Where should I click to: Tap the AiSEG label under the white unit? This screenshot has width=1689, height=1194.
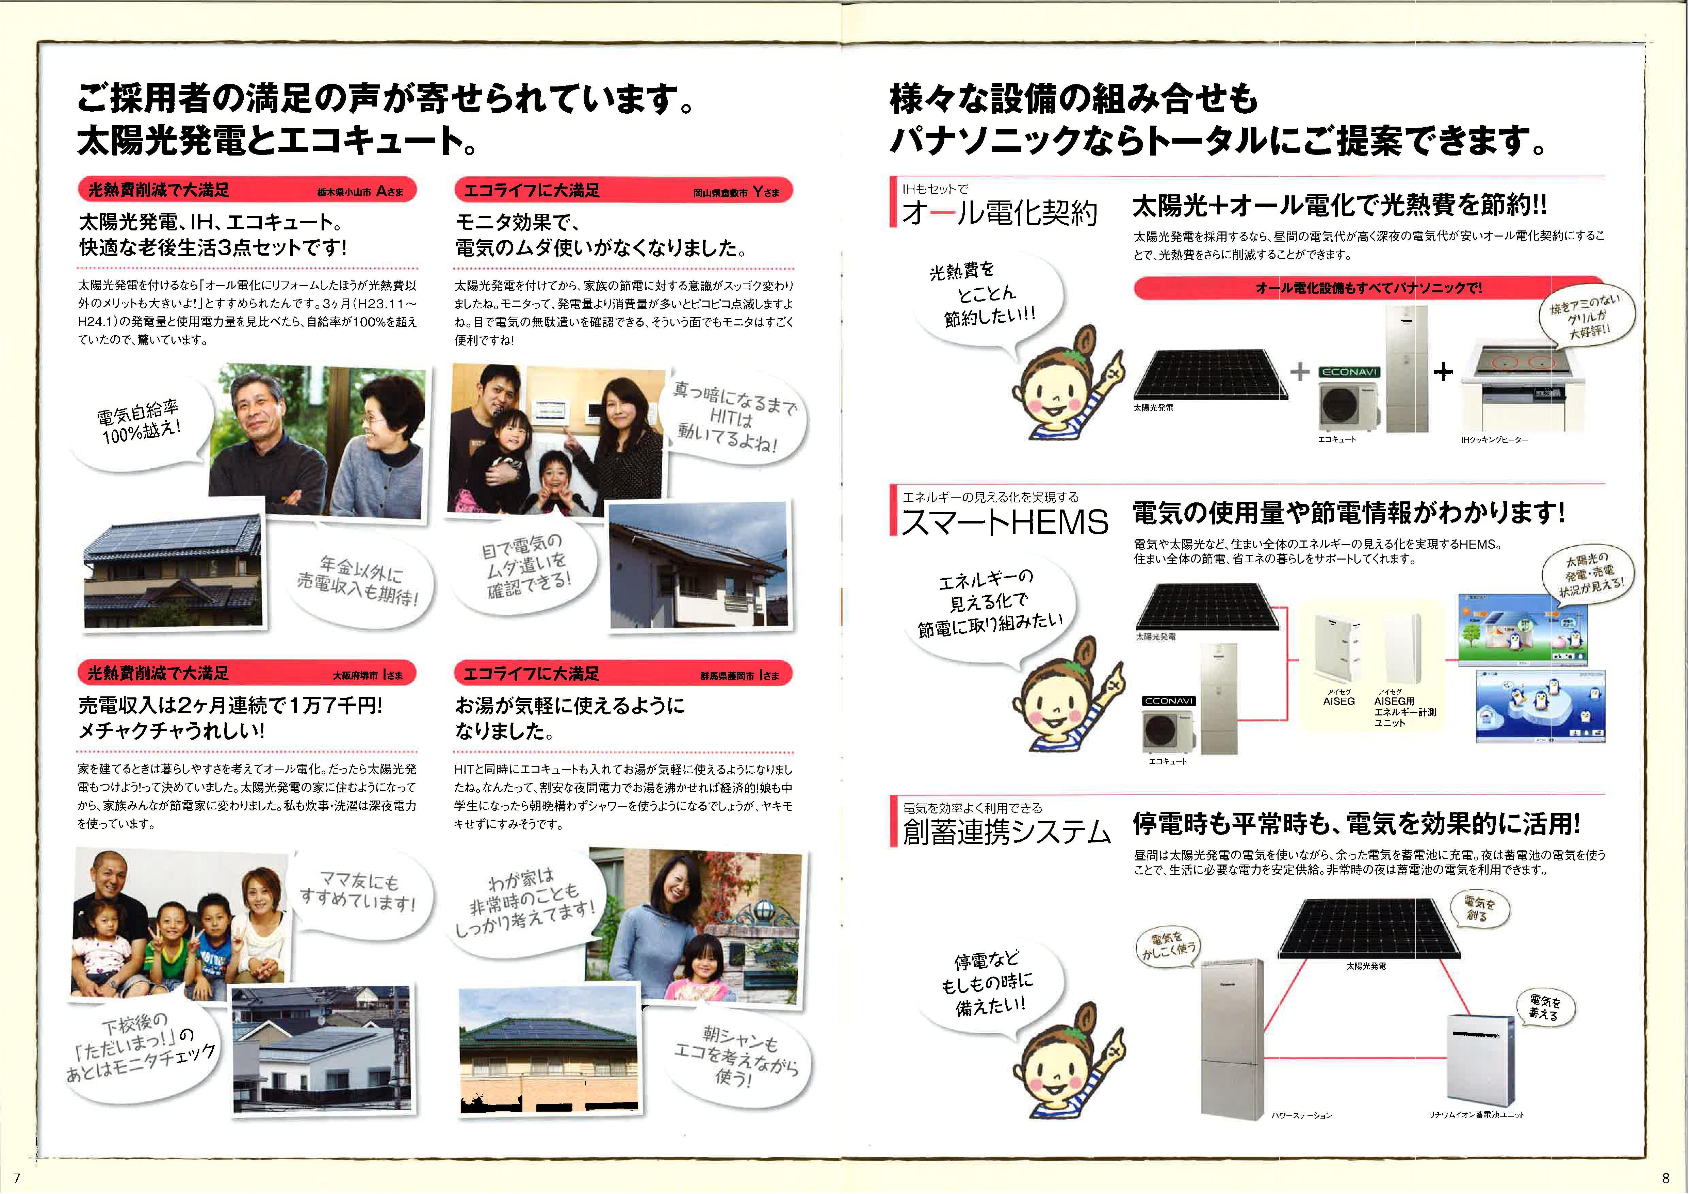(x=1339, y=701)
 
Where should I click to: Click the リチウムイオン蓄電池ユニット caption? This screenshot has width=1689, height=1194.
(x=1476, y=1115)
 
